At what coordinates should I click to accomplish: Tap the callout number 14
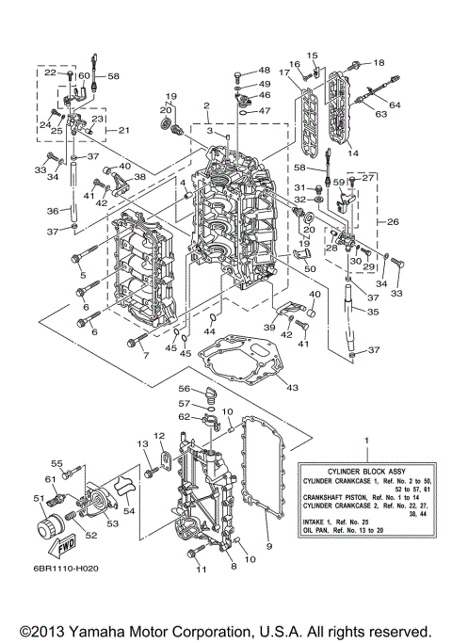[x=353, y=151]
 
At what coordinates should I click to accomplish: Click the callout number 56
[x=186, y=389]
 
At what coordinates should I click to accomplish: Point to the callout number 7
[x=145, y=356]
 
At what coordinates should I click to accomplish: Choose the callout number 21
[x=123, y=130]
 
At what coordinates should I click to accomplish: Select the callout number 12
[x=159, y=435]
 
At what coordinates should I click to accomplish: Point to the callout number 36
[x=54, y=211]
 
